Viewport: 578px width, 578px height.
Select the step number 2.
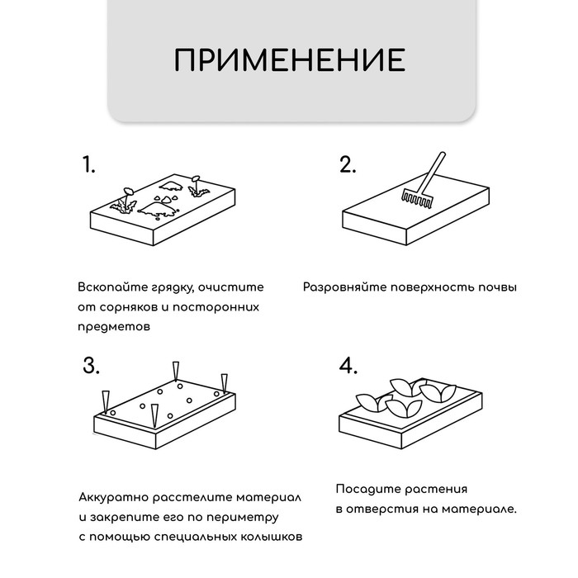pos(348,165)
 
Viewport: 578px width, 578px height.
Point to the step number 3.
pos(92,367)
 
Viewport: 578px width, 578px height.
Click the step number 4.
pos(348,367)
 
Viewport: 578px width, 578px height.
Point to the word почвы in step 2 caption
pos(498,288)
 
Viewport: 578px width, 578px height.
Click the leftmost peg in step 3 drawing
pos(105,400)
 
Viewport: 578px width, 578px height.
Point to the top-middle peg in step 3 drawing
pos(174,370)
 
